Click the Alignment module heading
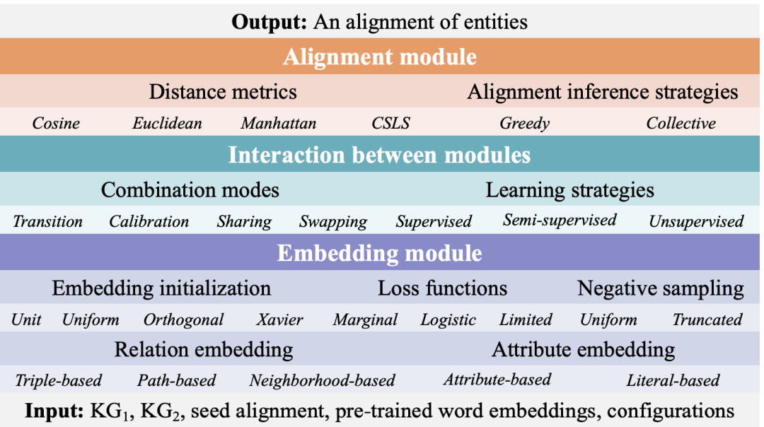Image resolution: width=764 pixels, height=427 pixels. tap(380, 57)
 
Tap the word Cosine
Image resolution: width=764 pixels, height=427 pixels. tap(56, 124)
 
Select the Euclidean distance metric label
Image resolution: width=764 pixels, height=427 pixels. tap(167, 124)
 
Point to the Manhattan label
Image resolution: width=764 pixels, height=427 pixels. tap(278, 124)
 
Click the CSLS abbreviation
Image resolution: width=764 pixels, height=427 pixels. tap(390, 124)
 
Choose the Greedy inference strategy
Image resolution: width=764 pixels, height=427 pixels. tap(524, 124)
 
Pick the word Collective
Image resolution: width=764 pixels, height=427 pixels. tap(681, 124)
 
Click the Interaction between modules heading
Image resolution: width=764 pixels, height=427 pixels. tap(379, 154)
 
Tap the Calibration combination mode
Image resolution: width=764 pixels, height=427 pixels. tap(149, 221)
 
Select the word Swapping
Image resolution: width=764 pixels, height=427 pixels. tap(332, 222)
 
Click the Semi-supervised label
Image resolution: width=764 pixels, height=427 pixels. tap(560, 220)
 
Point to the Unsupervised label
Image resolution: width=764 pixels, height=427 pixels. tap(696, 221)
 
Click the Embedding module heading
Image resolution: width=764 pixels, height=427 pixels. tap(379, 253)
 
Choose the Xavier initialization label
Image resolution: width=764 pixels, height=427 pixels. tap(279, 320)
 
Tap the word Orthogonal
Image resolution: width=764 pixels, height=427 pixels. tap(183, 320)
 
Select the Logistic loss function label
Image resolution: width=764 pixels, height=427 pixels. tap(448, 320)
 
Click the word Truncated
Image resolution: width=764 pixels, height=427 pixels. tap(707, 320)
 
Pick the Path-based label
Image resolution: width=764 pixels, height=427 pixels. tap(176, 380)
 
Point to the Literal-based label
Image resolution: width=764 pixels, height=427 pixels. tap(673, 380)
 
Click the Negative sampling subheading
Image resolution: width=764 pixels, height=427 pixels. tap(660, 288)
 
